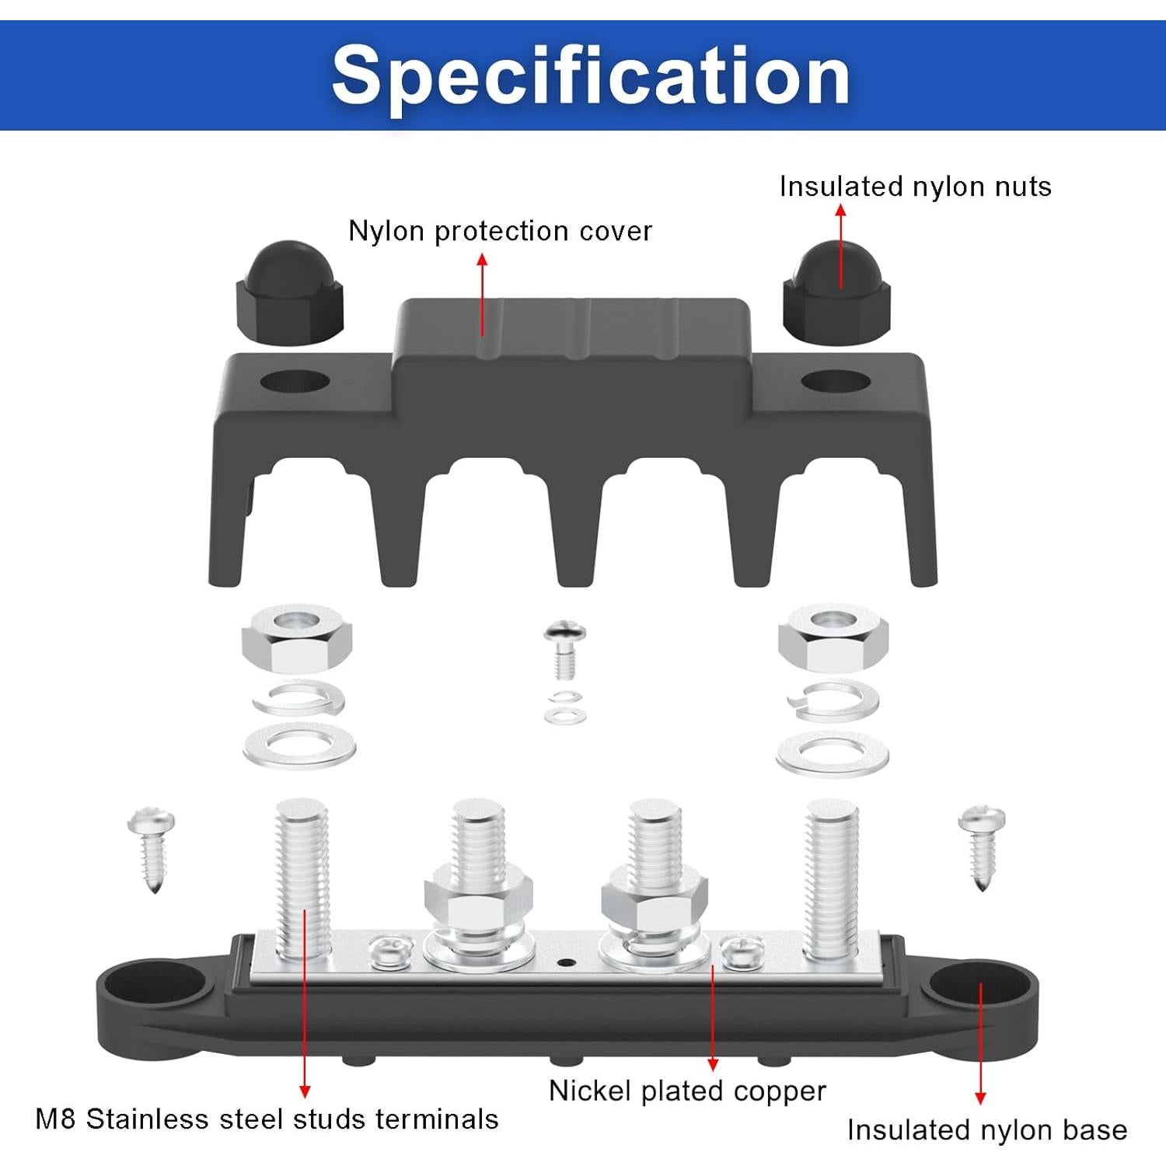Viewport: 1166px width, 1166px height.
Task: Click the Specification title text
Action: click(591, 75)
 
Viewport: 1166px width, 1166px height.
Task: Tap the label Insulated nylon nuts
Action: click(915, 187)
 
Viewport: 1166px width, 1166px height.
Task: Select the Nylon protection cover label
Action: click(500, 231)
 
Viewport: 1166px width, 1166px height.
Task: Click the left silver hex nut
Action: click(296, 639)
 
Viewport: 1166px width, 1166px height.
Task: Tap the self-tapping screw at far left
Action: click(152, 849)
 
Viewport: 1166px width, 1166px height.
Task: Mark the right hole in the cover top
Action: click(836, 382)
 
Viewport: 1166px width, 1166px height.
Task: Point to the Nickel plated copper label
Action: click(687, 1091)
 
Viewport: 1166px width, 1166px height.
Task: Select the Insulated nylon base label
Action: click(986, 1129)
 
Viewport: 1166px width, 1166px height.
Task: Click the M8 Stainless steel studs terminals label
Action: click(267, 1119)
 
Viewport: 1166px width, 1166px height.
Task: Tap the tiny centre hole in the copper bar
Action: click(567, 963)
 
